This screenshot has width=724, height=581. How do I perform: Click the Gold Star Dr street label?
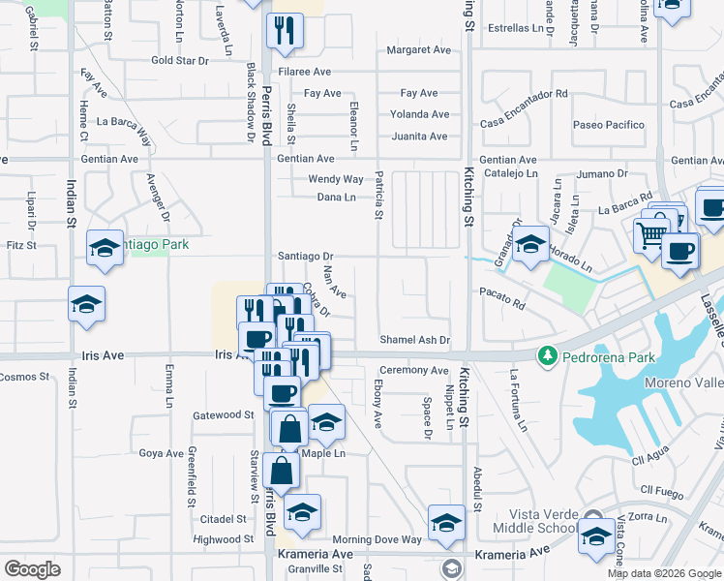pos(180,60)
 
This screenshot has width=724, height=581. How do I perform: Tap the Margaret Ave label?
pos(419,50)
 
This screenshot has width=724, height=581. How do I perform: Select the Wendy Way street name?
pos(336,179)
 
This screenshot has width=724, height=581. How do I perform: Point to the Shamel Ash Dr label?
pos(415,340)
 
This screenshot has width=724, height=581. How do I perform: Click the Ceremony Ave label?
pos(413,370)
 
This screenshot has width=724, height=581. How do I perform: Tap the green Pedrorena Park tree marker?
pos(547,355)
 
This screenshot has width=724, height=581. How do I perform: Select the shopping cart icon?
pos(651,233)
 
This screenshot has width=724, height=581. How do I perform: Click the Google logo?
pos(32,569)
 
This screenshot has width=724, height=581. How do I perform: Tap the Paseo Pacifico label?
pos(608,125)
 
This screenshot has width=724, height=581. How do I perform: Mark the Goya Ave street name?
pos(161,453)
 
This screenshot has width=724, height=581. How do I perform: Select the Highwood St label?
pos(223,539)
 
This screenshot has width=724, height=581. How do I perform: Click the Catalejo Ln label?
pos(510,173)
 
